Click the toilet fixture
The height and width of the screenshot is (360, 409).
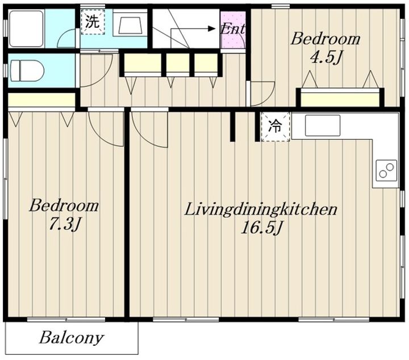(x=27, y=71)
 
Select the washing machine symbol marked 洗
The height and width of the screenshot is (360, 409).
(x=93, y=22)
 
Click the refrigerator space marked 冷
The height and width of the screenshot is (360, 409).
(x=276, y=127)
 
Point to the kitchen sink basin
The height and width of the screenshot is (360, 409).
(x=323, y=125)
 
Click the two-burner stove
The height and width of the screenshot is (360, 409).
(x=386, y=170)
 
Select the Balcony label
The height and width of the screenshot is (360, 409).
(x=72, y=338)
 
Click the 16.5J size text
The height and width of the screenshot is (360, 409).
(x=262, y=228)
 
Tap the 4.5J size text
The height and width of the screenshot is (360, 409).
(x=325, y=57)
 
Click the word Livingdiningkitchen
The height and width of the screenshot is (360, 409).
(x=261, y=209)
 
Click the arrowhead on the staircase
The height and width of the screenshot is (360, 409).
(x=211, y=28)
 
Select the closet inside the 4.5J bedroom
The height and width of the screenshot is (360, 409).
(x=340, y=98)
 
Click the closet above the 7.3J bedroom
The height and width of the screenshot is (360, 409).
(x=41, y=100)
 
